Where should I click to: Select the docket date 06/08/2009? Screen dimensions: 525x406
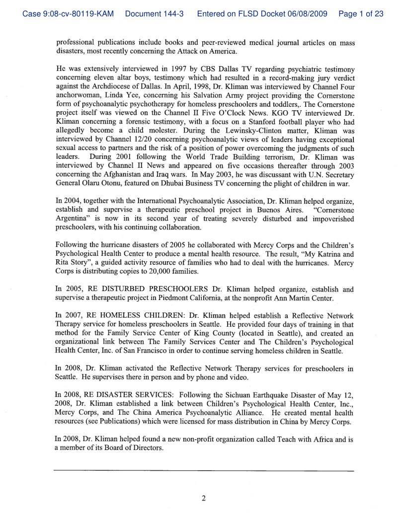pyautogui.click(x=307, y=14)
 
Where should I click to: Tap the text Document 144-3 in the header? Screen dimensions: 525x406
pyautogui.click(x=155, y=14)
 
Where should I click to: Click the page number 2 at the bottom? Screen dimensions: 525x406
pyautogui.click(x=203, y=498)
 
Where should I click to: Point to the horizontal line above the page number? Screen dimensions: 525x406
pyautogui.click(x=203, y=470)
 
